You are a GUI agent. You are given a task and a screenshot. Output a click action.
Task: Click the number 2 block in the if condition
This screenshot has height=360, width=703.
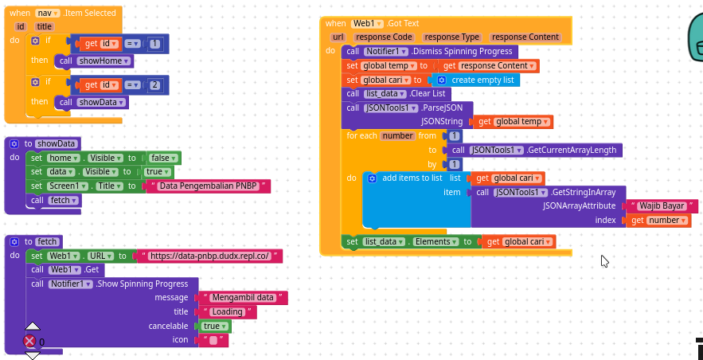point(154,84)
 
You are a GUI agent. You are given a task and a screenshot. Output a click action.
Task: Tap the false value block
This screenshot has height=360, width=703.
point(165,158)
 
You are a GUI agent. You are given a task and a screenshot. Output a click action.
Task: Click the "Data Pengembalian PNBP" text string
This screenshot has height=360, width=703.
point(208,186)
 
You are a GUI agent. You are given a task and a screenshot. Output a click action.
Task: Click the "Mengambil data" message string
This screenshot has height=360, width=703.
point(243,297)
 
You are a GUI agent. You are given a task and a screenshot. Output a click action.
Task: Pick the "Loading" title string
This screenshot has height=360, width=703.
point(228,311)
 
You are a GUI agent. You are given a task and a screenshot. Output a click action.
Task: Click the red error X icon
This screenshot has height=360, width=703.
point(29,342)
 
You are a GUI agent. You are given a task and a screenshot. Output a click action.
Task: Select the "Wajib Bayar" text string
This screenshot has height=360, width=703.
point(662,206)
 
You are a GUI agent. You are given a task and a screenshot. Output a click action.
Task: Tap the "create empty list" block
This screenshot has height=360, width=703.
point(475,80)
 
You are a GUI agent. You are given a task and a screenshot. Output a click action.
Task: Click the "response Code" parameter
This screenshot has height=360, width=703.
point(383,37)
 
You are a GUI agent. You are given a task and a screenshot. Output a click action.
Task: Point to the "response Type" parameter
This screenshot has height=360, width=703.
point(451,37)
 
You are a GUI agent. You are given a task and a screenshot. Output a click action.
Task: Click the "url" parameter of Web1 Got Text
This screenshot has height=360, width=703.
point(338,37)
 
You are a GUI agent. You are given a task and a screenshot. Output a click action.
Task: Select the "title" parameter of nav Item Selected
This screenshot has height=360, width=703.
point(45,27)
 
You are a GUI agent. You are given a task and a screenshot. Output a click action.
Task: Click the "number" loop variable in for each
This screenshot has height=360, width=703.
point(398,135)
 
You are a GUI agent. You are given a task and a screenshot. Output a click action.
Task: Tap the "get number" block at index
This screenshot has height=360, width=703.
point(658,220)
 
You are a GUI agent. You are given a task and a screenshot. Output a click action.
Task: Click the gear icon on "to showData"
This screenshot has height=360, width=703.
point(14,144)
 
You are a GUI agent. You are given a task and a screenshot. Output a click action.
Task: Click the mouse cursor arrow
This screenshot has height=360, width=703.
point(605,261)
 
